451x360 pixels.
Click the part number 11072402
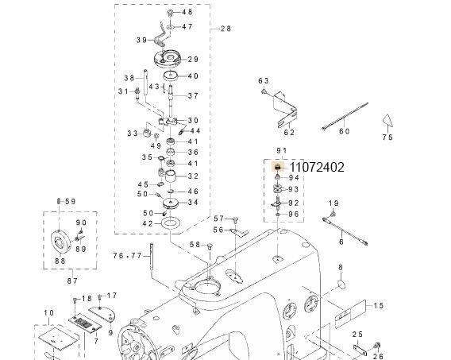tap(317, 167)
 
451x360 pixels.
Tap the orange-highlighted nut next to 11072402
tap(278, 167)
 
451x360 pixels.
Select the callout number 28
tap(225, 29)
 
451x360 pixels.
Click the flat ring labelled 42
tap(172, 223)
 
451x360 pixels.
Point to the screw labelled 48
tap(170, 13)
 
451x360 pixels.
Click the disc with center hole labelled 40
tap(171, 76)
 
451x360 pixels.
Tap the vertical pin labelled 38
tap(145, 83)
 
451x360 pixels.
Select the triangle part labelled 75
tap(387, 121)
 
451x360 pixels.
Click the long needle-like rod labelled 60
tap(345, 116)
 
